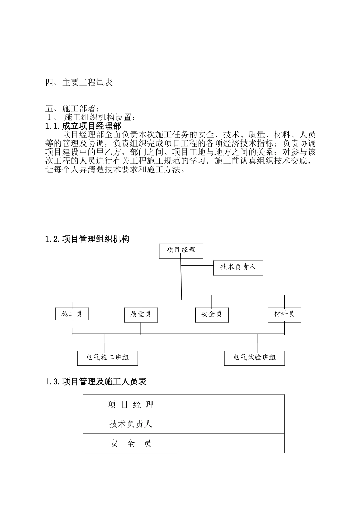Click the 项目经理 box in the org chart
181,250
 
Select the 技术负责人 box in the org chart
238,267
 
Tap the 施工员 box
72,314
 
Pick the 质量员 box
141,314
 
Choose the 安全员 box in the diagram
211,314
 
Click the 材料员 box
284,314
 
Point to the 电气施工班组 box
107,358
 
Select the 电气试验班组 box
254,358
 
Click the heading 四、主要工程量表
79,82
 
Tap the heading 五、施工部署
72,109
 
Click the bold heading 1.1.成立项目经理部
83,126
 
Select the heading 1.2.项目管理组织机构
87,239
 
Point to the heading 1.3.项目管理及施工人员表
95,381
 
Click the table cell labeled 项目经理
131,404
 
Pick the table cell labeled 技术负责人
131,424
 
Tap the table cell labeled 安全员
131,443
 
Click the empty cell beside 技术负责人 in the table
231,424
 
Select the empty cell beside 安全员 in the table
231,443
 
